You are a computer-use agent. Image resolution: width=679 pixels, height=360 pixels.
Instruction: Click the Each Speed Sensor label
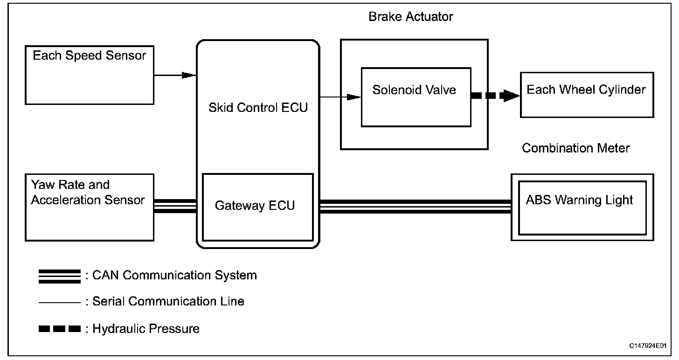click(x=89, y=56)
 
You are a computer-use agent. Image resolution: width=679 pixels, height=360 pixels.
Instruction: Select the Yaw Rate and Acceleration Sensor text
click(x=88, y=193)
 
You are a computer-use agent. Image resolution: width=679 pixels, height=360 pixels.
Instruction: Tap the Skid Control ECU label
click(x=258, y=107)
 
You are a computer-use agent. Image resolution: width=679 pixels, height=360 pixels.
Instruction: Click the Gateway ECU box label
click(x=255, y=206)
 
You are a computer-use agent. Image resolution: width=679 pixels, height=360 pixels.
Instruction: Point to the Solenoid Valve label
click(x=414, y=90)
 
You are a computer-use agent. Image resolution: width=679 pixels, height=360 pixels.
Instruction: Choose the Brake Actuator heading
click(x=410, y=17)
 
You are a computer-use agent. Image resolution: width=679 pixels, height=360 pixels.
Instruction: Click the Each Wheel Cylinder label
click(x=586, y=90)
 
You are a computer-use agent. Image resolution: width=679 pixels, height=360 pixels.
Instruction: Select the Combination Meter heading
click(x=575, y=148)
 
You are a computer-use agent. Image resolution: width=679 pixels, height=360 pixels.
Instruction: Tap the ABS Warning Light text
click(x=579, y=200)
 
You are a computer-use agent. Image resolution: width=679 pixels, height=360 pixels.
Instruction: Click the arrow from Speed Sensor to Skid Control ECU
click(x=174, y=75)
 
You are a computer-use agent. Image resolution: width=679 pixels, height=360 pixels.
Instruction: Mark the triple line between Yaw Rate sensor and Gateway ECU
click(x=175, y=206)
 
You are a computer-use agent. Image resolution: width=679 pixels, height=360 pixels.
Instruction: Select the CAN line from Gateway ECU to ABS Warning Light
click(x=415, y=206)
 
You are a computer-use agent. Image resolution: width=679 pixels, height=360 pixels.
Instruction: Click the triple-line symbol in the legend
click(x=60, y=276)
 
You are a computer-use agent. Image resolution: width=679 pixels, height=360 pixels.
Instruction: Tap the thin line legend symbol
click(x=60, y=303)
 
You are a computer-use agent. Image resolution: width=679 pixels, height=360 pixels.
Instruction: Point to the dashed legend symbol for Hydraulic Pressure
click(x=60, y=329)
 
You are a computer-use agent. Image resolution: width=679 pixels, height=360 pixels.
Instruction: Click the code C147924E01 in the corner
click(x=648, y=346)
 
